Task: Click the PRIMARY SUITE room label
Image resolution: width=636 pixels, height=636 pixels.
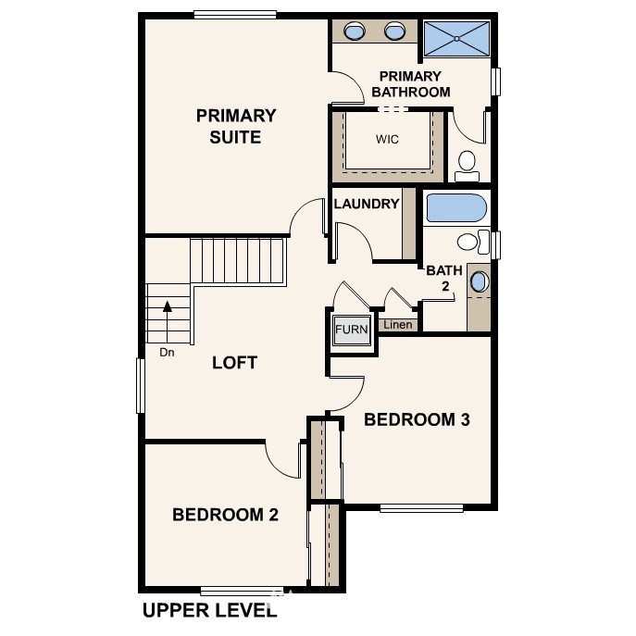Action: [x=236, y=126]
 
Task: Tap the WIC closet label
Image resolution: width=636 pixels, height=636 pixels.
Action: [x=387, y=139]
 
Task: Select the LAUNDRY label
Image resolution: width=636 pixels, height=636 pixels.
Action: [x=367, y=204]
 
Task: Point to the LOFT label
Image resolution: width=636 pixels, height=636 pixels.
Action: [x=234, y=363]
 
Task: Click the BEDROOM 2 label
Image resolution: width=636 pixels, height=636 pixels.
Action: [x=226, y=515]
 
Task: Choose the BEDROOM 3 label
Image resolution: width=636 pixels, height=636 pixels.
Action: [x=417, y=419]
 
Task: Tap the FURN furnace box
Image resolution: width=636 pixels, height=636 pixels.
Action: [x=351, y=330]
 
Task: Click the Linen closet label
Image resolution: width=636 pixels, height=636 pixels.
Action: [x=398, y=325]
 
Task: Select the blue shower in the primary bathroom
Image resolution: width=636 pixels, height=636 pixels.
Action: [x=456, y=39]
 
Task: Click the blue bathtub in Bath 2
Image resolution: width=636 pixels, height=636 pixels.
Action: [x=456, y=207]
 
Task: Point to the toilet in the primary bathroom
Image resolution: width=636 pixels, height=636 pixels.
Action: [x=467, y=166]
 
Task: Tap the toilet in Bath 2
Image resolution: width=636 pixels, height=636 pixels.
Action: [x=473, y=242]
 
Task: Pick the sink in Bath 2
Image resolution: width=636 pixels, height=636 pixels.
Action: [x=479, y=281]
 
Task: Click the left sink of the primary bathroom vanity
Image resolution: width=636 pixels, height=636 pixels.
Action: [x=354, y=31]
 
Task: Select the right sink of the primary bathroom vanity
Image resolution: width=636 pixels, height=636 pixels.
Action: [x=394, y=31]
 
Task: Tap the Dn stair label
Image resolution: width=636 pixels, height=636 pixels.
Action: [x=167, y=353]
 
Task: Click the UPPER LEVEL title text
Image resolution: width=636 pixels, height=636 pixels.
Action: [x=210, y=610]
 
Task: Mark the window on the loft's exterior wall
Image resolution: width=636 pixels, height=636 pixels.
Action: [x=141, y=386]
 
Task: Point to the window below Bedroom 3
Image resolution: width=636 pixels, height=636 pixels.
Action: [x=421, y=508]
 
